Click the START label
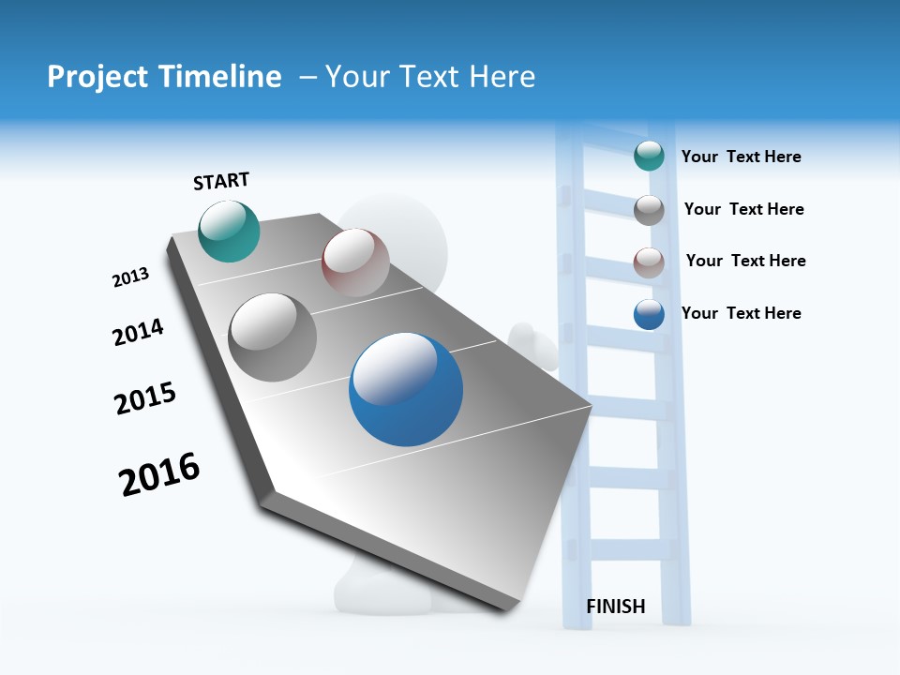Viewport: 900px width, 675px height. tap(221, 181)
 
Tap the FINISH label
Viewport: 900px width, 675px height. tap(616, 607)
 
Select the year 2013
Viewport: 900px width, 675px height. tap(130, 277)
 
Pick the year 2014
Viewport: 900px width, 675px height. tap(138, 332)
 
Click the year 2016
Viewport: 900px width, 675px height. tap(159, 474)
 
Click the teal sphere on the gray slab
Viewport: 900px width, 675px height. tap(229, 231)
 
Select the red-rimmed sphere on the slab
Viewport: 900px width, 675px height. tap(355, 262)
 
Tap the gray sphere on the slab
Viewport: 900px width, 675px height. tap(272, 337)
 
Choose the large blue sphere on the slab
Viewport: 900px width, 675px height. tap(406, 389)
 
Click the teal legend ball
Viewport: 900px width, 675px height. tap(649, 156)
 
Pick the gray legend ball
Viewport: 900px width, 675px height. tap(649, 209)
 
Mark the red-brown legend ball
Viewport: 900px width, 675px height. tap(649, 262)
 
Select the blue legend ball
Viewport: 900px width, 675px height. tap(649, 314)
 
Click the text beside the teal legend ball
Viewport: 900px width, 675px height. tap(741, 157)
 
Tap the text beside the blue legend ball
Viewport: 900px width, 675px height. tap(741, 313)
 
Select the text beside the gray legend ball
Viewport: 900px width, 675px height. tap(743, 209)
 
